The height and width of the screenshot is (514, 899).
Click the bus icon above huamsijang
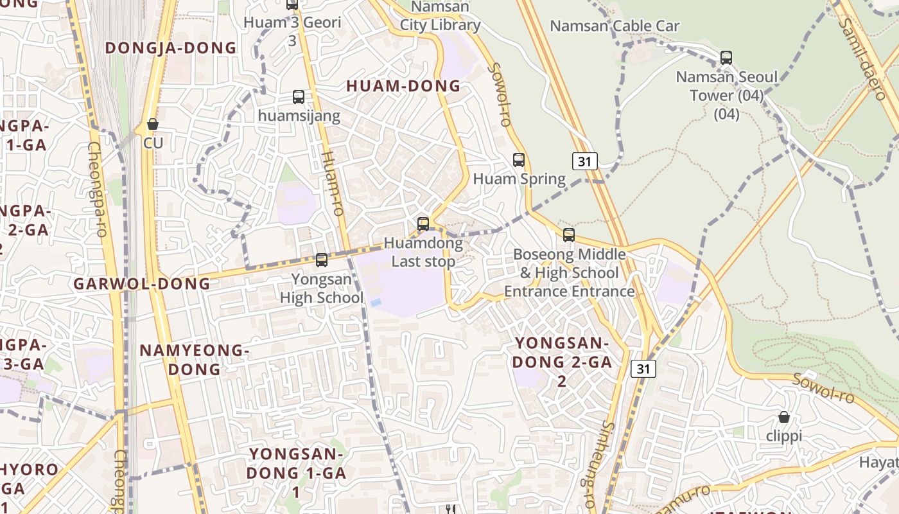299,97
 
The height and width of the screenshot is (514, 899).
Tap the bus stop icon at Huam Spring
519,160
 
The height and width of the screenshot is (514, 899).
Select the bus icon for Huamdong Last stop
423,224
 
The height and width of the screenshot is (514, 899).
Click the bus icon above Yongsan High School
322,260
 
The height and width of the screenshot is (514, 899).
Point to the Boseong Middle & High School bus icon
569,235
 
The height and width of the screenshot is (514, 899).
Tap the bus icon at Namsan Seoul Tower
726,58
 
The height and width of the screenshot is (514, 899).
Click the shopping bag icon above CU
153,124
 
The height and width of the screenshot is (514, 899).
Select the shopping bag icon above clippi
784,417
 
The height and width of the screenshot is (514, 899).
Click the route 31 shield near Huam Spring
584,161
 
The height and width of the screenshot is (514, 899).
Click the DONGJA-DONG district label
171,48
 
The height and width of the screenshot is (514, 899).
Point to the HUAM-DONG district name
403,85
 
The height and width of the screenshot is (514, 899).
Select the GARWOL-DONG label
142,283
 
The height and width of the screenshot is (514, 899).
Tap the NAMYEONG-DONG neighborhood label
195,360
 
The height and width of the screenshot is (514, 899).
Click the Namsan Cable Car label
615,26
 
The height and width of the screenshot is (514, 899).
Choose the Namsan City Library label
441,17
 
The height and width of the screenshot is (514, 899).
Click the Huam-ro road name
332,183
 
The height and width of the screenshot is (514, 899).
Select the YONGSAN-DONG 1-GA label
296,473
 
